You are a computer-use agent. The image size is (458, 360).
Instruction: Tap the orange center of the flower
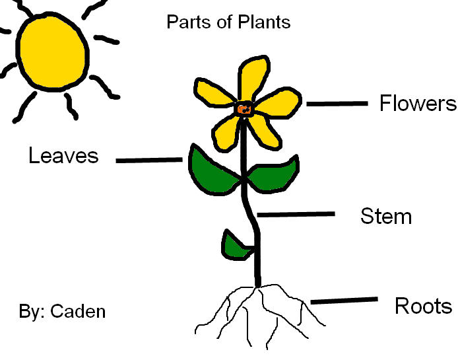(244, 109)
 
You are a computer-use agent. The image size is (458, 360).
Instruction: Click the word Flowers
(418, 104)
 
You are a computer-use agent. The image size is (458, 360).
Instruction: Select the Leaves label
(63, 156)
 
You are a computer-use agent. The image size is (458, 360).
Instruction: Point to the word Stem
(386, 216)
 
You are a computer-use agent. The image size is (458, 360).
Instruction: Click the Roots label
(423, 306)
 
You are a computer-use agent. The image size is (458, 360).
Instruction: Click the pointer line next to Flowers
(337, 104)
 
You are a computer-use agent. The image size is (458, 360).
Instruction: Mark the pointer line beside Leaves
(149, 160)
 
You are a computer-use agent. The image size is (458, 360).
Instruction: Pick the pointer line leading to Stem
(296, 214)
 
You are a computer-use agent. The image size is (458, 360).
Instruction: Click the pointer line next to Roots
(343, 301)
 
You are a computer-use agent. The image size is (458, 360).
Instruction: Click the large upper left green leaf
(211, 168)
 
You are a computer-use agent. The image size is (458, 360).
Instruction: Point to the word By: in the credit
(30, 311)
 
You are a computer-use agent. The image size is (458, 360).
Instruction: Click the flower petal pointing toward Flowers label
(280, 102)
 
